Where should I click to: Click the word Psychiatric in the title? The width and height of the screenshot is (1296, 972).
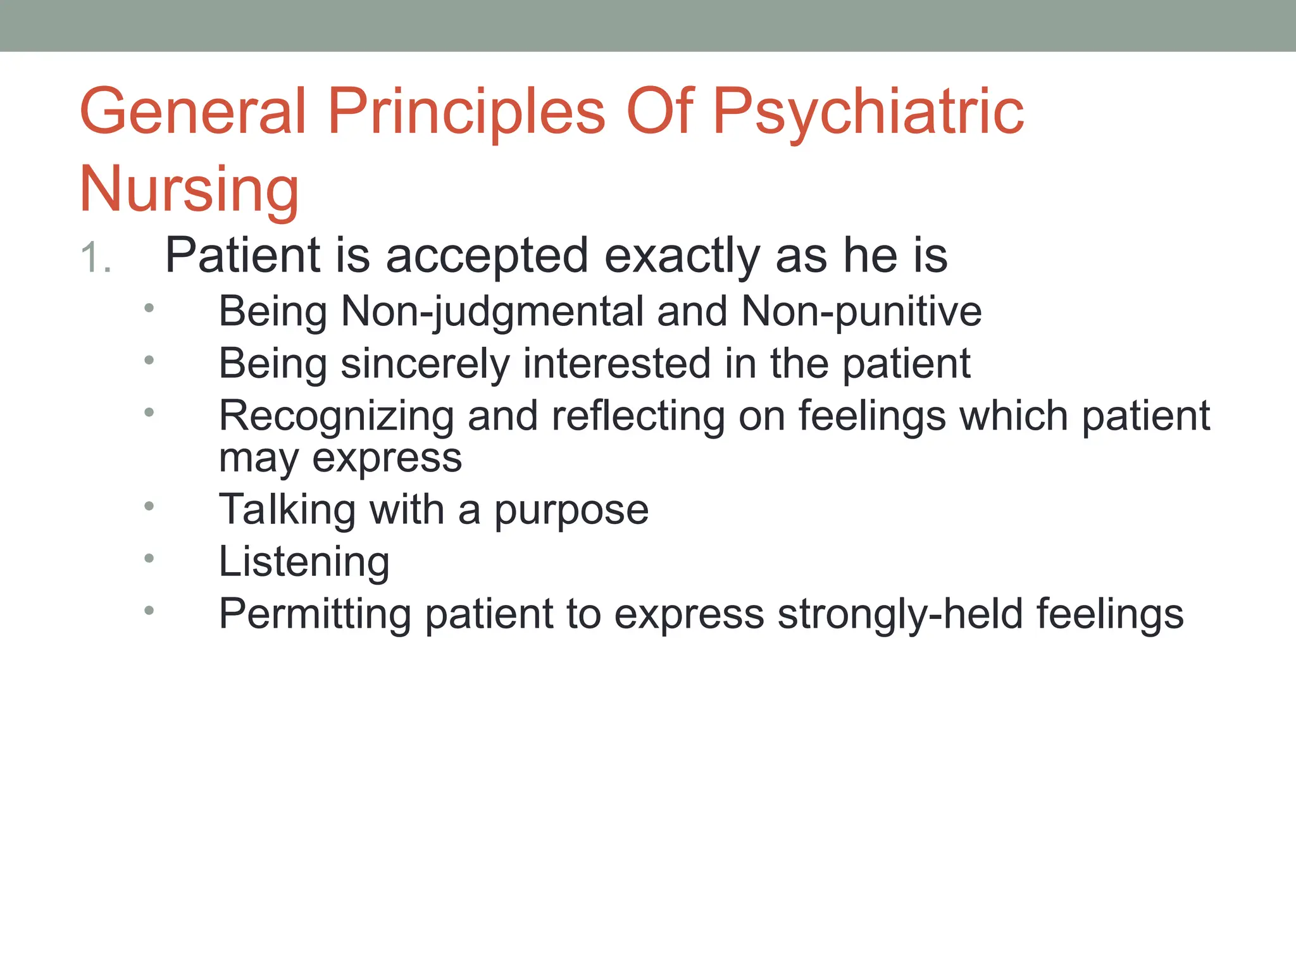pos(868,113)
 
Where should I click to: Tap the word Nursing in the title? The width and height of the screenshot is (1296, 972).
pos(189,189)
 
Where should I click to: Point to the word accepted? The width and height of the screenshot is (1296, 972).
pos(487,256)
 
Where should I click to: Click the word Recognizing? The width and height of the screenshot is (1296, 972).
pos(336,416)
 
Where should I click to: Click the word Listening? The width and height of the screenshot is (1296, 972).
pos(304,562)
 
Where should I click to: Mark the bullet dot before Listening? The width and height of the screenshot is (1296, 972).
pos(149,558)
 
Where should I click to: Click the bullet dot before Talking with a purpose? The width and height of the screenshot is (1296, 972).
pos(149,506)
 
